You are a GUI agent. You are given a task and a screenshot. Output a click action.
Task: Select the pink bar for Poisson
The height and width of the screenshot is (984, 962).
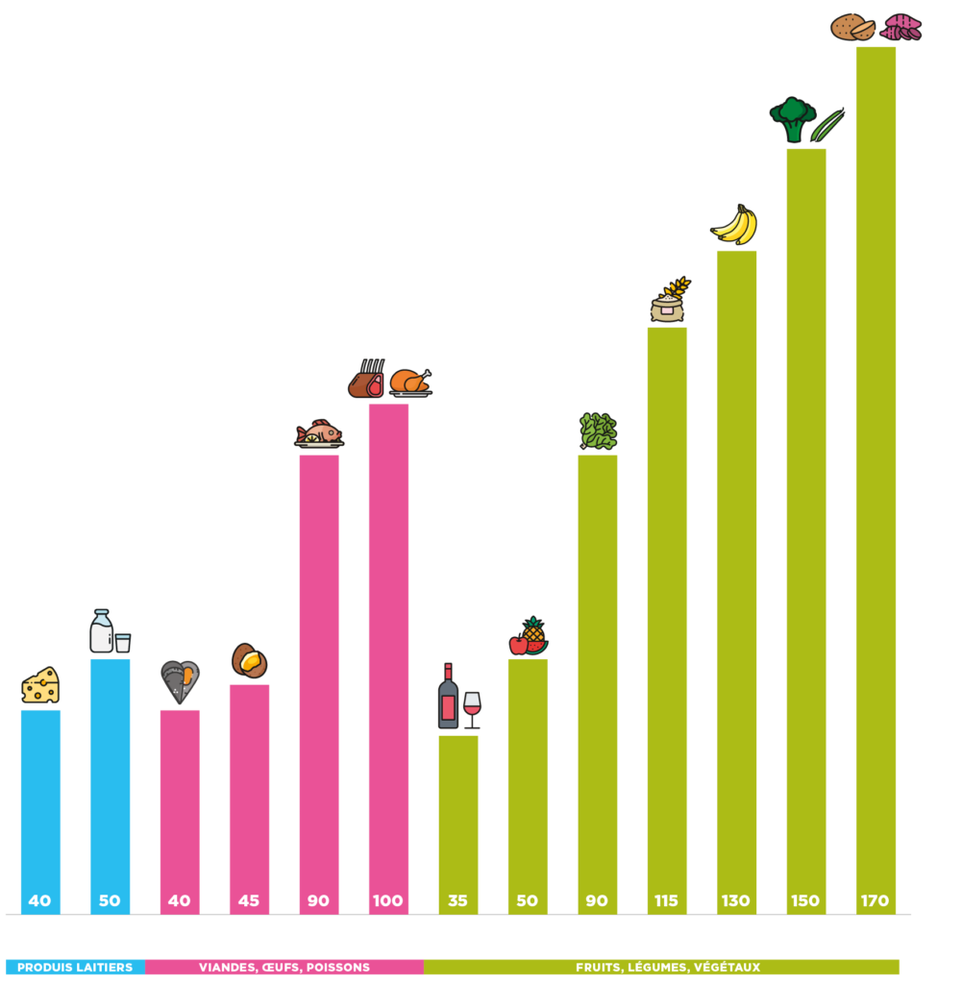pyautogui.click(x=318, y=673)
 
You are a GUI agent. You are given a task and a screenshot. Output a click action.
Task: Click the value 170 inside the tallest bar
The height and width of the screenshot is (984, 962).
pyautogui.click(x=875, y=901)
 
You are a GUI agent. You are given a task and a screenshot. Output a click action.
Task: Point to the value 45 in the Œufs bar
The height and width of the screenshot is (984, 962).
pyautogui.click(x=249, y=901)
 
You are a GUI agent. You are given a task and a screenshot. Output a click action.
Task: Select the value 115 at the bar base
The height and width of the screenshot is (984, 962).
pyautogui.click(x=666, y=901)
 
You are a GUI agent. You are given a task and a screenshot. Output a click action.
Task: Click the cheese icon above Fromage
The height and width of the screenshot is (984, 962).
pyautogui.click(x=40, y=686)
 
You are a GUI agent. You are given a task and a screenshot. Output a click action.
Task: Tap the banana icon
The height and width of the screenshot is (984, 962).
pyautogui.click(x=735, y=225)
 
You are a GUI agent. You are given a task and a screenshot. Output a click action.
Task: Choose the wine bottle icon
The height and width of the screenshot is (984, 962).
pyautogui.click(x=448, y=697)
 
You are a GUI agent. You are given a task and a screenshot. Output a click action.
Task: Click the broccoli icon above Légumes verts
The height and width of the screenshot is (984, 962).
pyautogui.click(x=793, y=119)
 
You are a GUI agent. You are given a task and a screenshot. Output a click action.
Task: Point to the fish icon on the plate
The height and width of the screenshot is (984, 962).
pyautogui.click(x=319, y=433)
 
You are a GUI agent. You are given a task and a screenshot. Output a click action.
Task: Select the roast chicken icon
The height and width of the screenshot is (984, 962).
pyautogui.click(x=410, y=382)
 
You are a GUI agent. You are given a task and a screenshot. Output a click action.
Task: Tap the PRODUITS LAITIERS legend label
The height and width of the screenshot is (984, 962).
pyautogui.click(x=75, y=967)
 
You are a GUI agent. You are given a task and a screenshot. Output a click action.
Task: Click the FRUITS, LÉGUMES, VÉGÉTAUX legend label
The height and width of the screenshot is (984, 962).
pyautogui.click(x=668, y=967)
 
